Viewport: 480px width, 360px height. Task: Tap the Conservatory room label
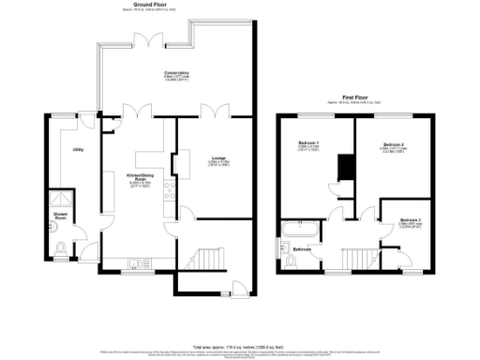pos(176,73)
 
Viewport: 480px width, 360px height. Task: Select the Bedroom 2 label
pos(391,146)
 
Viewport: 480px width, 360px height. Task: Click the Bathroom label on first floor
pos(301,249)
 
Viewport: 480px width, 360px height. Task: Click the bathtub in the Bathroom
pos(301,229)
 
